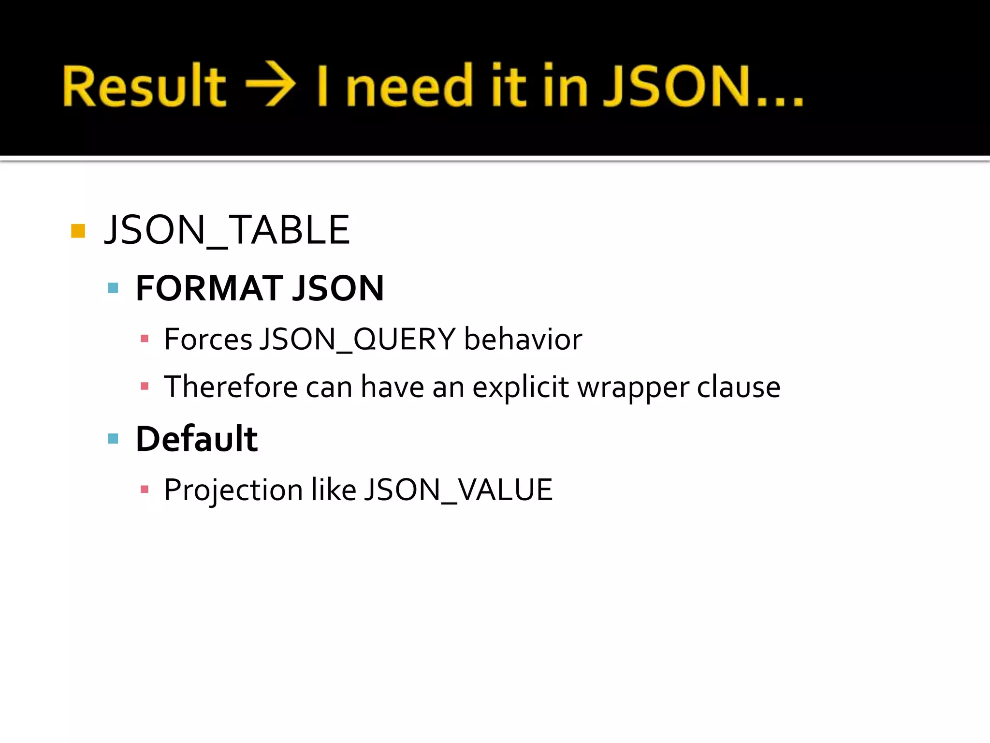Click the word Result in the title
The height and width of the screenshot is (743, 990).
[x=144, y=86]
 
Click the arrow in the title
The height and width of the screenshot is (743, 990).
[x=271, y=84]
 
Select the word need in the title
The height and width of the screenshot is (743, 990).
[x=409, y=86]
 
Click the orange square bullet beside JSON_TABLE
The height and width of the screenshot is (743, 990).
[x=78, y=231]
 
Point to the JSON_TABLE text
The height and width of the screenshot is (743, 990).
[x=227, y=230]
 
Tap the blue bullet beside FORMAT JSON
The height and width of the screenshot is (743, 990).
[x=113, y=288]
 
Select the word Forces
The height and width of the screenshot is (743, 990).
[x=208, y=339]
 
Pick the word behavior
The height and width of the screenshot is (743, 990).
[x=523, y=339]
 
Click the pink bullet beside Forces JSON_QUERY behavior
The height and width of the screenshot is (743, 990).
[x=144, y=339]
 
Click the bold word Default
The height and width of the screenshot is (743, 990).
[x=197, y=439]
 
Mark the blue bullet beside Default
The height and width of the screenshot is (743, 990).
[x=113, y=439]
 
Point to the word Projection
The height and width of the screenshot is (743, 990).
[x=233, y=490]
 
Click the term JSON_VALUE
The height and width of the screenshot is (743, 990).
[x=458, y=490]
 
